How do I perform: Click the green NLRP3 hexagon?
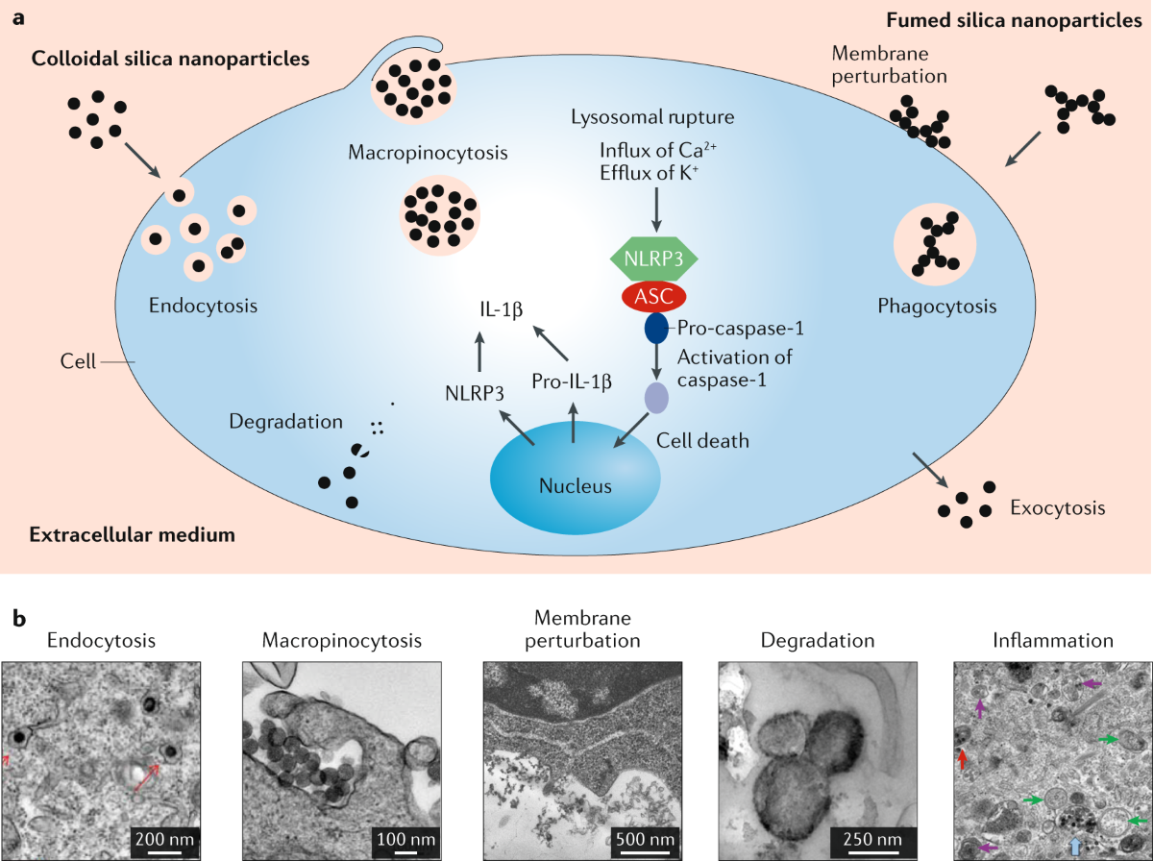[x=654, y=258]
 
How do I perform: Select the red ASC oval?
[x=654, y=297]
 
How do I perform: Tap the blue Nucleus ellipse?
[x=576, y=478]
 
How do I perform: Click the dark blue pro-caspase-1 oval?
[x=656, y=329]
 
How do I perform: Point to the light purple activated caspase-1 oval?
[x=656, y=398]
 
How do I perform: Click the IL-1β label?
[x=502, y=309]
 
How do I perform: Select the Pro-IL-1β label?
[x=572, y=381]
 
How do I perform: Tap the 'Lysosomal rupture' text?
[x=652, y=116]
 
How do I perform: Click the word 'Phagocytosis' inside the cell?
[x=937, y=307]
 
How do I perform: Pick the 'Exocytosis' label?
[x=1058, y=508]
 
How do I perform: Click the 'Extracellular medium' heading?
[x=133, y=535]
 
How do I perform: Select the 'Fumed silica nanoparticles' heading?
[x=1014, y=20]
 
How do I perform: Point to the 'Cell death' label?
[x=702, y=441]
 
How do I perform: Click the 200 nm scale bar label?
[x=164, y=839]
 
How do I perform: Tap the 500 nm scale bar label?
[x=645, y=839]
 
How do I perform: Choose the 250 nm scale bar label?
[x=872, y=839]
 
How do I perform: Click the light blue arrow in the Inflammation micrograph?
[x=1076, y=846]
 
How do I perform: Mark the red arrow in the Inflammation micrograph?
[x=962, y=759]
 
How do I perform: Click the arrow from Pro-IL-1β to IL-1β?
[x=551, y=343]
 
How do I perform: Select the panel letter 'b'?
[x=19, y=619]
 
